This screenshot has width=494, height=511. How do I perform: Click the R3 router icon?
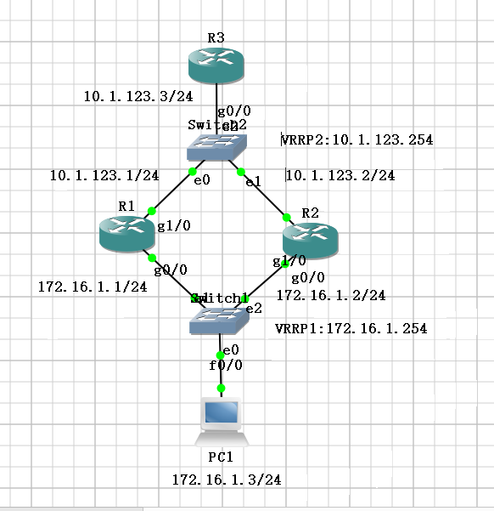(x=216, y=64)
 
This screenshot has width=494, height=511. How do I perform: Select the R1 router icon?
(x=126, y=231)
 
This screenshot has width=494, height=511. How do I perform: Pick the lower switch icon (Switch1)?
(x=218, y=319)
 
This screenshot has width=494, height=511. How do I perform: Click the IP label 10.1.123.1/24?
(x=104, y=176)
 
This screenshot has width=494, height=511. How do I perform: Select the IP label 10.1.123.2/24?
(x=340, y=176)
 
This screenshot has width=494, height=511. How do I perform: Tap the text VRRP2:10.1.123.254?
(x=358, y=139)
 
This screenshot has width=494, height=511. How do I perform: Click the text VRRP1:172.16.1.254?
(x=351, y=328)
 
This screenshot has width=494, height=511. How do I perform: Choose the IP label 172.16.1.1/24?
(x=93, y=287)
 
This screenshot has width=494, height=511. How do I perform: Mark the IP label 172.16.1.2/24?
(x=331, y=295)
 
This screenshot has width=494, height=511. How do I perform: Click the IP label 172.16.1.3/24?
(x=226, y=480)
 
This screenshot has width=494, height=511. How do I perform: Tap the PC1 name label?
(x=221, y=457)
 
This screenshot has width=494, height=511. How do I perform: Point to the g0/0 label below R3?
(x=229, y=111)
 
